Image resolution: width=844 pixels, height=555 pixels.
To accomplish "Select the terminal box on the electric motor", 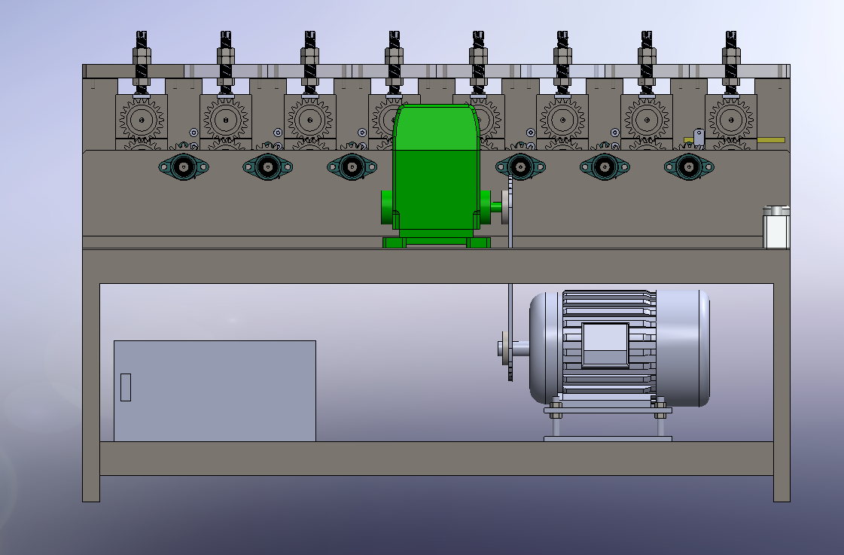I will click(605, 345).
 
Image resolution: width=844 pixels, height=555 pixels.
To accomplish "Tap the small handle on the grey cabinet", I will click(126, 387).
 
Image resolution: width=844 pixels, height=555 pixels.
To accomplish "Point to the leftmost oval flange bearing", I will click(184, 166).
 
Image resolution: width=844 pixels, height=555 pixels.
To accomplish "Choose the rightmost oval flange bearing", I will click(689, 166).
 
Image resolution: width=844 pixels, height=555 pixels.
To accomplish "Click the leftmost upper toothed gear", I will click(142, 118).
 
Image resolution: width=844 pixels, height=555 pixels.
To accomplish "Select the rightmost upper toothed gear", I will click(730, 118).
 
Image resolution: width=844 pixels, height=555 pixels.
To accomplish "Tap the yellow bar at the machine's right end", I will click(770, 140).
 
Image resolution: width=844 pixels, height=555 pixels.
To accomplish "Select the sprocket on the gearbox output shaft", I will click(510, 207).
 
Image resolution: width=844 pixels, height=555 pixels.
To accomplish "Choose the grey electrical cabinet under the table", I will click(215, 390).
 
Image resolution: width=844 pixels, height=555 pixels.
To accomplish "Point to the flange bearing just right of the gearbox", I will click(520, 166).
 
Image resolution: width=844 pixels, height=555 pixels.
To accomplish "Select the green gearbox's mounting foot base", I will click(436, 242).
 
